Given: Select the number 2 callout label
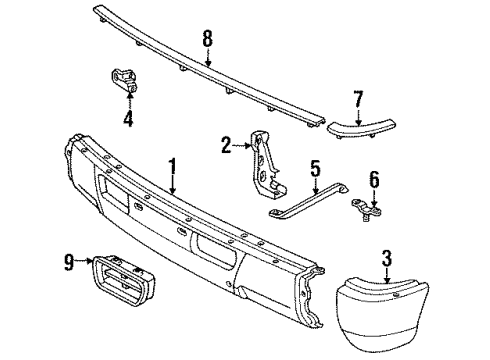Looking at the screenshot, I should [x=225, y=145].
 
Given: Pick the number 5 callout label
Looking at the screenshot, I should [x=314, y=168].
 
